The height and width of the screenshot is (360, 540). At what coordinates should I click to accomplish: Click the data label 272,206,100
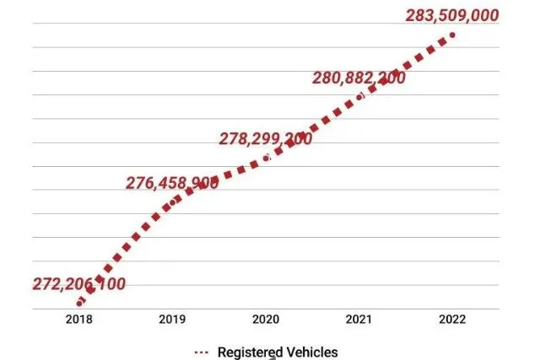coord(78,284)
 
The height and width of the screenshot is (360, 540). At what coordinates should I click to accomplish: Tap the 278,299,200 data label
coord(265,138)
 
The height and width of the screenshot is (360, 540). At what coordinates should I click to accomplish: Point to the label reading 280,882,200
coord(359,78)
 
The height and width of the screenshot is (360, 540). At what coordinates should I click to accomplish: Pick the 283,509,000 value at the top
coord(452,15)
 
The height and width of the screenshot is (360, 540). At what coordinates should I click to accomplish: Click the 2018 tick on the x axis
coord(79,320)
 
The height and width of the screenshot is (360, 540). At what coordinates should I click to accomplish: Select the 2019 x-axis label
coord(173,320)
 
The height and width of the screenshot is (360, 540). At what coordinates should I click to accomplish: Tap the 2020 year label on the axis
coord(266,320)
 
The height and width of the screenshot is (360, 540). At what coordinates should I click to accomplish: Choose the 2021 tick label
coord(359,320)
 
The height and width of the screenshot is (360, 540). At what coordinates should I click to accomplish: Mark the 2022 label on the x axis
coord(453,320)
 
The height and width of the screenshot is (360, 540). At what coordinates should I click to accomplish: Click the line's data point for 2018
coord(79,303)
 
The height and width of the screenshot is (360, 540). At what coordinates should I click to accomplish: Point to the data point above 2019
coord(173,201)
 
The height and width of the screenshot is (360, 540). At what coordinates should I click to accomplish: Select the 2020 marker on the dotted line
coord(267,158)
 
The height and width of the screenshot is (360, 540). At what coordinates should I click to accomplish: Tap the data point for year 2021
coord(360,96)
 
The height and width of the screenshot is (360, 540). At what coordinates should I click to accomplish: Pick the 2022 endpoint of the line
coord(453,35)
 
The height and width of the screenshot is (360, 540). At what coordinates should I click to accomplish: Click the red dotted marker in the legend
coord(201,351)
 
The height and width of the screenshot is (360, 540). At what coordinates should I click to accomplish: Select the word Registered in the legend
coord(249,351)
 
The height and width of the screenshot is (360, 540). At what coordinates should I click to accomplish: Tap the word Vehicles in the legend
coord(311,351)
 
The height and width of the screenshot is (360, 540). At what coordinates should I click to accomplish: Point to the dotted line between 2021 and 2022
coord(407,66)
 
